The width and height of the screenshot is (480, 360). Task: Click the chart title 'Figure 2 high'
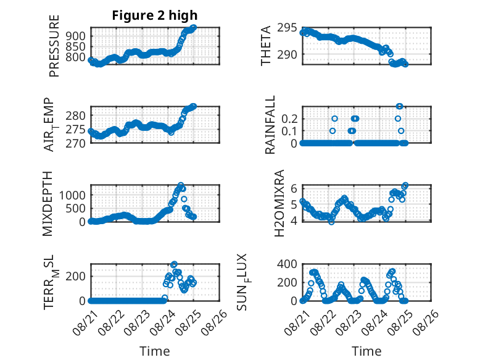155,15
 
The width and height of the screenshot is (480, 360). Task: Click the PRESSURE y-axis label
54,46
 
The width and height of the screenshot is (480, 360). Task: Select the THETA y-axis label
266,46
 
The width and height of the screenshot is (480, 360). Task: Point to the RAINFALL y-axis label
270,125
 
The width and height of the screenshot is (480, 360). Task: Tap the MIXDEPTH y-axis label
48,204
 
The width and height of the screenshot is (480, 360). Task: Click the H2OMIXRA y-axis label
279,203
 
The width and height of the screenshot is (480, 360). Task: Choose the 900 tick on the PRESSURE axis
76,36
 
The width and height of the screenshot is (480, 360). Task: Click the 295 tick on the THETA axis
287,28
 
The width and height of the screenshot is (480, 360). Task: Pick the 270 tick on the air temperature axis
75,143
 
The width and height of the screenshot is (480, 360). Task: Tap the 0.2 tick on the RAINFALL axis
289,119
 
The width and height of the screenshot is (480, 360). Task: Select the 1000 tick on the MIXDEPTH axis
72,195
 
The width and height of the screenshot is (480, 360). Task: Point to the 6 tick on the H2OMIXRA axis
294,188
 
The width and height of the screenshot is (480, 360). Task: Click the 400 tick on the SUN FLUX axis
287,264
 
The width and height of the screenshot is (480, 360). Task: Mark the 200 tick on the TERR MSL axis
76,277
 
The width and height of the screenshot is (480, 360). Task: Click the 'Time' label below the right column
366,351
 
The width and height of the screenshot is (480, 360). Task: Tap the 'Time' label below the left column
155,351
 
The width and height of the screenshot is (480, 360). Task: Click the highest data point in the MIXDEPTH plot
181,185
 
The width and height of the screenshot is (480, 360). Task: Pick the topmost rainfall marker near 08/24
399,106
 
